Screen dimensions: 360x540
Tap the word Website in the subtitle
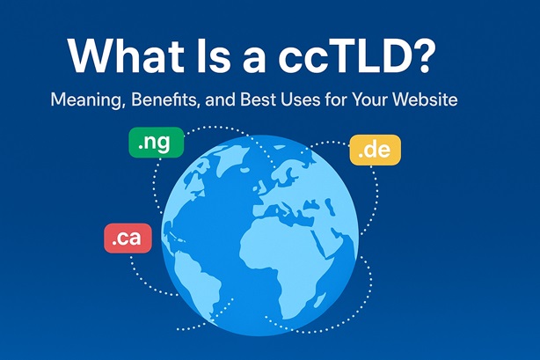click(427, 101)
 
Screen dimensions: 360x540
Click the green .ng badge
click(153, 143)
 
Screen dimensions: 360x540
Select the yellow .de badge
click(375, 150)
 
